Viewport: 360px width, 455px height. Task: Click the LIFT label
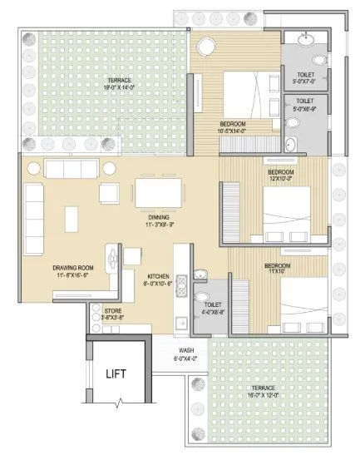pyautogui.click(x=116, y=373)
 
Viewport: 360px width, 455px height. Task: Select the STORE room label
pyautogui.click(x=112, y=314)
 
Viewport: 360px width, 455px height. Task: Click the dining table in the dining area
pyautogui.click(x=158, y=194)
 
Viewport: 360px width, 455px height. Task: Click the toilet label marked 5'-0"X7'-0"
pyautogui.click(x=305, y=78)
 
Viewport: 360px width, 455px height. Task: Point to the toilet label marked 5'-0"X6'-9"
pyautogui.click(x=305, y=104)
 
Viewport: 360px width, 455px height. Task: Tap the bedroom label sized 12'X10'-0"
pyautogui.click(x=280, y=176)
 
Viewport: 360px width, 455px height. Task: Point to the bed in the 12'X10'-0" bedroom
pyautogui.click(x=287, y=207)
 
